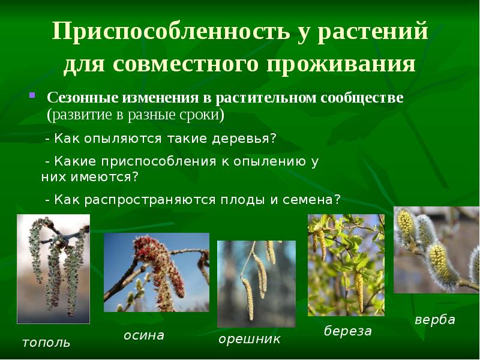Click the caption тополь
(x=46, y=343)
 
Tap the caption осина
(x=144, y=335)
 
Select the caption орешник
(x=249, y=340)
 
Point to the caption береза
(x=348, y=331)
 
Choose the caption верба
(x=435, y=320)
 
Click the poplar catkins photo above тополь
(x=53, y=269)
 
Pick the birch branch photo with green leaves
(x=346, y=265)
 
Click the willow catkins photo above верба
(x=436, y=249)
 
